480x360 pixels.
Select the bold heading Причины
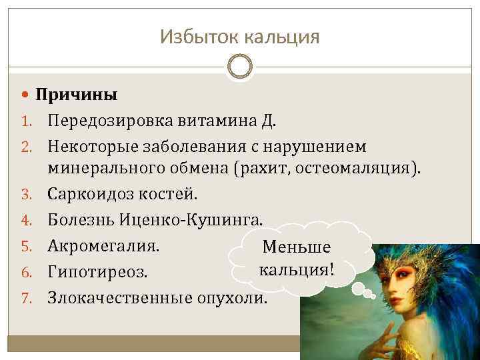[x=77, y=95]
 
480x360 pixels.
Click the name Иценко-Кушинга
[x=193, y=219]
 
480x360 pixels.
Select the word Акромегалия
[x=103, y=245]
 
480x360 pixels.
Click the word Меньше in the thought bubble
[x=297, y=247]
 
